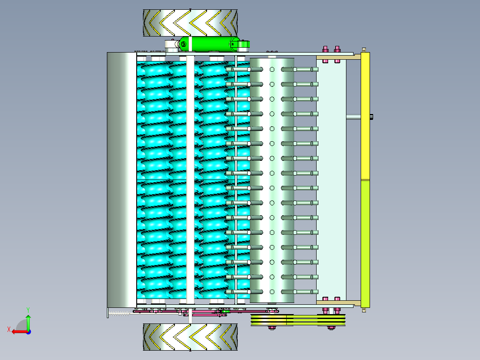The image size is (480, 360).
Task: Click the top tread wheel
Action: (x=190, y=23)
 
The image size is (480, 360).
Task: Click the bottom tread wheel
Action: (x=190, y=337)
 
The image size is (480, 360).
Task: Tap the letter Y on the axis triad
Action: (x=28, y=310)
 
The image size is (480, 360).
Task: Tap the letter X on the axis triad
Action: (x=9, y=329)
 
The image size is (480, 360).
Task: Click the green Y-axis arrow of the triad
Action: (x=28, y=322)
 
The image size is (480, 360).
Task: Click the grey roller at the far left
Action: (x=122, y=180)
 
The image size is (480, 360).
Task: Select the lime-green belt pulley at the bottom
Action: (x=298, y=320)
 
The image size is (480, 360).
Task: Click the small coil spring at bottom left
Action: (x=119, y=314)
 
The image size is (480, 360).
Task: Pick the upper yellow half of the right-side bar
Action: (x=365, y=116)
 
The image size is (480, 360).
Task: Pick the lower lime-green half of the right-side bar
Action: (x=365, y=244)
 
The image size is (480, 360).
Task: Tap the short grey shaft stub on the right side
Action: (x=354, y=117)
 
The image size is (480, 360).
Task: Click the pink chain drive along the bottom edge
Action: (x=206, y=312)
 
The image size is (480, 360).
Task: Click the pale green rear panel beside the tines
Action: (x=331, y=180)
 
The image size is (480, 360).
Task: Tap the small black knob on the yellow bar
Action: (x=371, y=116)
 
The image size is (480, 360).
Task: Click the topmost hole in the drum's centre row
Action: (x=272, y=70)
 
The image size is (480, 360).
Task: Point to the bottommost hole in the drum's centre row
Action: (x=272, y=292)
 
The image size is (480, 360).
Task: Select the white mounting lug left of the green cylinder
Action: (x=172, y=45)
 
